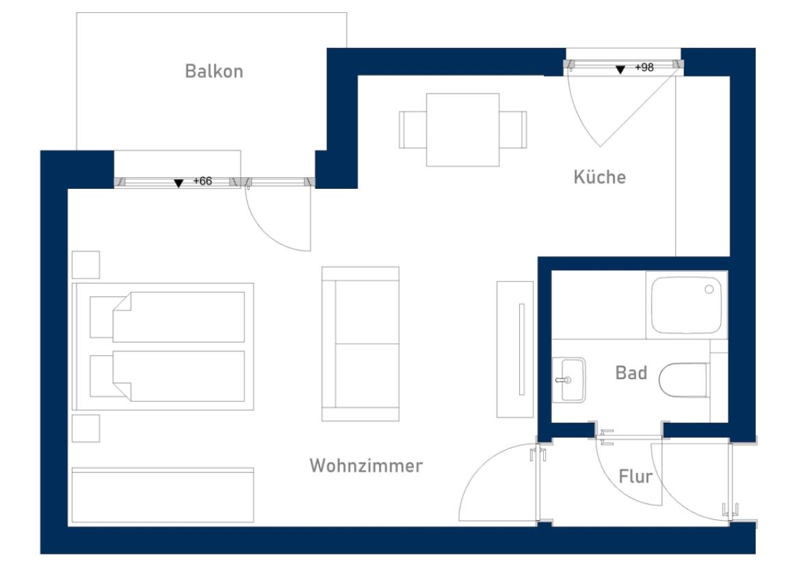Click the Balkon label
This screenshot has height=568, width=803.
click(214, 71)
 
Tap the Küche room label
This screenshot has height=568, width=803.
click(600, 177)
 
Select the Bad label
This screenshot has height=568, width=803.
click(631, 372)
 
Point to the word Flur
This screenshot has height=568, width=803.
click(635, 476)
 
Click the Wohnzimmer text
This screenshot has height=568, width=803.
click(366, 465)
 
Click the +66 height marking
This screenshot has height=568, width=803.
click(202, 181)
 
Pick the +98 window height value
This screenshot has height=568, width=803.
click(644, 67)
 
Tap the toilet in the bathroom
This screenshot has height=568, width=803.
click(684, 380)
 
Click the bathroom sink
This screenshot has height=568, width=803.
click(569, 380)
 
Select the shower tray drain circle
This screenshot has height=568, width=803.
click(709, 289)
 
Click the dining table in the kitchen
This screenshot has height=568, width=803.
click(462, 129)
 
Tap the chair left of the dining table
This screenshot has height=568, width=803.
click(412, 129)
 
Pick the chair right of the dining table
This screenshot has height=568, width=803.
click(513, 129)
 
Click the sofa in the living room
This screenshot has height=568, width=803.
click(360, 344)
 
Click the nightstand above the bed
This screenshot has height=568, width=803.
click(86, 265)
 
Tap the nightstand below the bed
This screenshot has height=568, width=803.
click(86, 428)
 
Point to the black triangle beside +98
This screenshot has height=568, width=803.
click(620, 70)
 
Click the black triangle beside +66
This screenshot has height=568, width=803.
click(179, 183)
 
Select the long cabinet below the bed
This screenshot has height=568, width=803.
click(163, 495)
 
